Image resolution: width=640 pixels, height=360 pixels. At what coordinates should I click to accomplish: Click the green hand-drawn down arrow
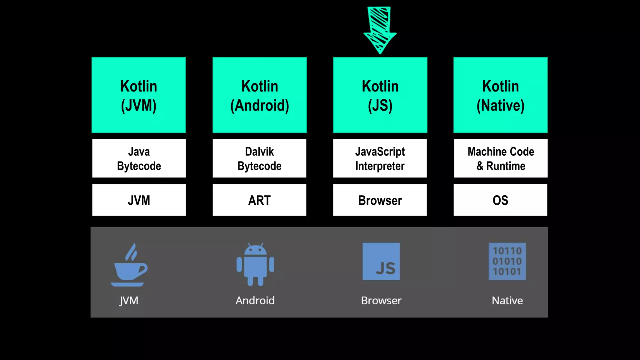click(x=380, y=30)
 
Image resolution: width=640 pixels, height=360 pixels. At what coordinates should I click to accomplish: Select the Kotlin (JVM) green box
click(x=139, y=95)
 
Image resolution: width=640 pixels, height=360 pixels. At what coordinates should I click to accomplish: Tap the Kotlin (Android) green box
click(x=259, y=95)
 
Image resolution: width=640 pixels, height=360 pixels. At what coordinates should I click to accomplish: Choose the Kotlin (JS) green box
click(x=380, y=95)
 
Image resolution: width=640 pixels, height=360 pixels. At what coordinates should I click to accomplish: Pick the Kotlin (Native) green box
click(x=500, y=95)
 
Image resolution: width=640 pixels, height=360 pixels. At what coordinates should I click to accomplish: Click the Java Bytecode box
click(x=139, y=158)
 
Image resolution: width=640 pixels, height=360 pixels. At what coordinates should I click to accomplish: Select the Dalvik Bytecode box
click(x=259, y=158)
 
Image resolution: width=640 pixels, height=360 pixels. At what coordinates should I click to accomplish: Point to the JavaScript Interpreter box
click(x=380, y=158)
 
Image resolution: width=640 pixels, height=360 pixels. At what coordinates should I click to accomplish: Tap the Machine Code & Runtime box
click(x=500, y=158)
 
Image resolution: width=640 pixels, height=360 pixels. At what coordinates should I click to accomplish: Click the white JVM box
click(x=139, y=200)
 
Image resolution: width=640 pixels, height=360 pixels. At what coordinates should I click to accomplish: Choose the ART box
click(x=259, y=200)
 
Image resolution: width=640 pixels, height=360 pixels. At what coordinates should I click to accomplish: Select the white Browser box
click(x=380, y=200)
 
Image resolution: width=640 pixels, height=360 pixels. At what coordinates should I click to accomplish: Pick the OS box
click(x=500, y=200)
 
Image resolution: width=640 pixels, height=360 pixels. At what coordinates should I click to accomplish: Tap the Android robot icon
click(x=255, y=265)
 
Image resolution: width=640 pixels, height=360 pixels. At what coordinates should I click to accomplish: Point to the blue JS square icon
click(x=381, y=262)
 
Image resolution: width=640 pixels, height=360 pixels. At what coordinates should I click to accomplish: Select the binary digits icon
click(x=507, y=262)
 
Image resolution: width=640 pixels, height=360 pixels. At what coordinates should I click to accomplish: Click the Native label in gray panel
click(x=507, y=301)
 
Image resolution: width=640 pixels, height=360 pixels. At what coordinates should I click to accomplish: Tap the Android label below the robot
click(x=255, y=301)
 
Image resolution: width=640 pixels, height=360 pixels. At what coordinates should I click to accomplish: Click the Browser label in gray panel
click(x=381, y=301)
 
